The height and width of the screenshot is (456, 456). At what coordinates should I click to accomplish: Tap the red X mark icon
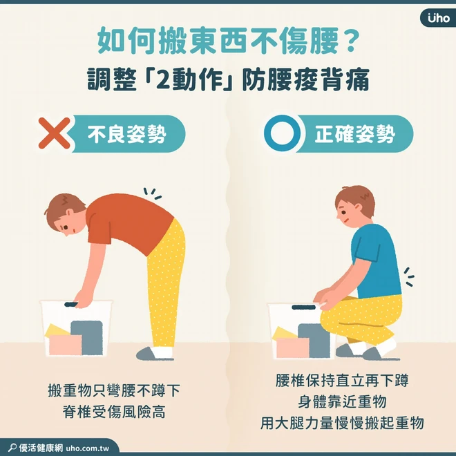pyautogui.click(x=55, y=133)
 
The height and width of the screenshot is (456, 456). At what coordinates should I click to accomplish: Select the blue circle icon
pyautogui.click(x=282, y=133)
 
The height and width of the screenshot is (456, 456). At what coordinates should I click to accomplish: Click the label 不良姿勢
pyautogui.click(x=127, y=134)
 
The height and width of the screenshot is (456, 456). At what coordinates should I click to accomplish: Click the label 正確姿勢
pyautogui.click(x=355, y=134)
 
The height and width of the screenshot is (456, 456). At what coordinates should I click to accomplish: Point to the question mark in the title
pyautogui.click(x=351, y=41)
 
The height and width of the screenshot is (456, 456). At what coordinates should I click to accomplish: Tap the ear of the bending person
pyautogui.click(x=69, y=213)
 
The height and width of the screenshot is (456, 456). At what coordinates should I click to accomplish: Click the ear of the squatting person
pyautogui.click(x=358, y=208)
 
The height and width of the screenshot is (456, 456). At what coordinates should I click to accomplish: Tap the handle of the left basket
pyautogui.click(x=71, y=305)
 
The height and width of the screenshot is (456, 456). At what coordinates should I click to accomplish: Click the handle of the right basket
pyautogui.click(x=303, y=307)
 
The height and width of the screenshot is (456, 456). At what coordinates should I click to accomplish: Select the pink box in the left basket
pyautogui.click(x=66, y=345)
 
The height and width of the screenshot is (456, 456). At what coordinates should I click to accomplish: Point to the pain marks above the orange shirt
pyautogui.click(x=153, y=193)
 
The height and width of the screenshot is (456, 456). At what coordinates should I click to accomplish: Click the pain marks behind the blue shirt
pyautogui.click(x=409, y=276)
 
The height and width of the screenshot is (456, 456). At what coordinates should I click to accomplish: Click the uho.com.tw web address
pyautogui.click(x=88, y=448)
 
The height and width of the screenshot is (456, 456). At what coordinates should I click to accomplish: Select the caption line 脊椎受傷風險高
pyautogui.click(x=114, y=412)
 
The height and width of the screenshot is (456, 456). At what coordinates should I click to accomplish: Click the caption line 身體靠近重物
pyautogui.click(x=342, y=401)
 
